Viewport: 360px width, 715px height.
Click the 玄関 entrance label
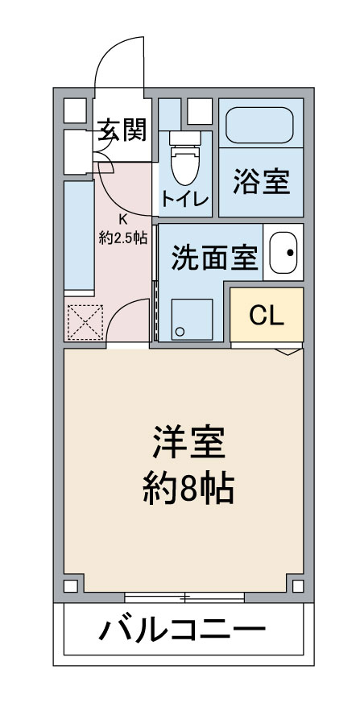tap(122, 130)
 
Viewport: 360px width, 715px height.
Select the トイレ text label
tap(185, 198)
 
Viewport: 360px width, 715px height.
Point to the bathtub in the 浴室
tap(260, 124)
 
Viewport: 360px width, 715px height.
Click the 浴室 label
tap(261, 182)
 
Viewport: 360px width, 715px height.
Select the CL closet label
tap(267, 316)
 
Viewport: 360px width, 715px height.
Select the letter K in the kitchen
tap(122, 218)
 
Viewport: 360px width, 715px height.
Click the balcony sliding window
tap(184, 597)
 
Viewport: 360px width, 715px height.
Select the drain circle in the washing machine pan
tap(180, 331)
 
